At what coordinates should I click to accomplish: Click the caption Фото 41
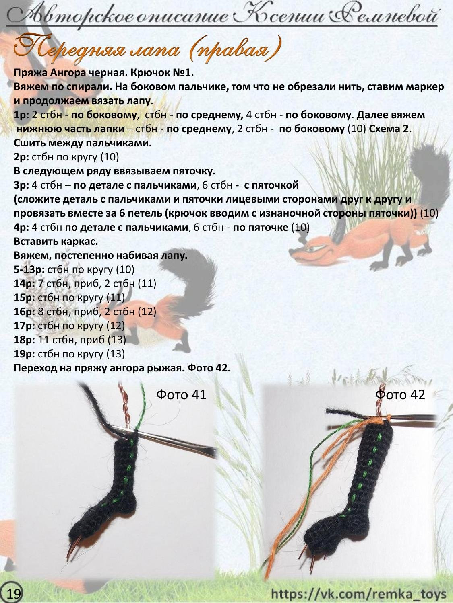[x=181, y=395]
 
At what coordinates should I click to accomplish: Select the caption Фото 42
[x=400, y=395]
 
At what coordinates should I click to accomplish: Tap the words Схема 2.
[x=390, y=129]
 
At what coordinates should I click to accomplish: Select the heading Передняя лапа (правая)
[x=148, y=49]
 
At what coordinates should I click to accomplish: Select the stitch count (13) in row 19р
[x=116, y=353]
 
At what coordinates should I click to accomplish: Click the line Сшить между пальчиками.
[x=83, y=143]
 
